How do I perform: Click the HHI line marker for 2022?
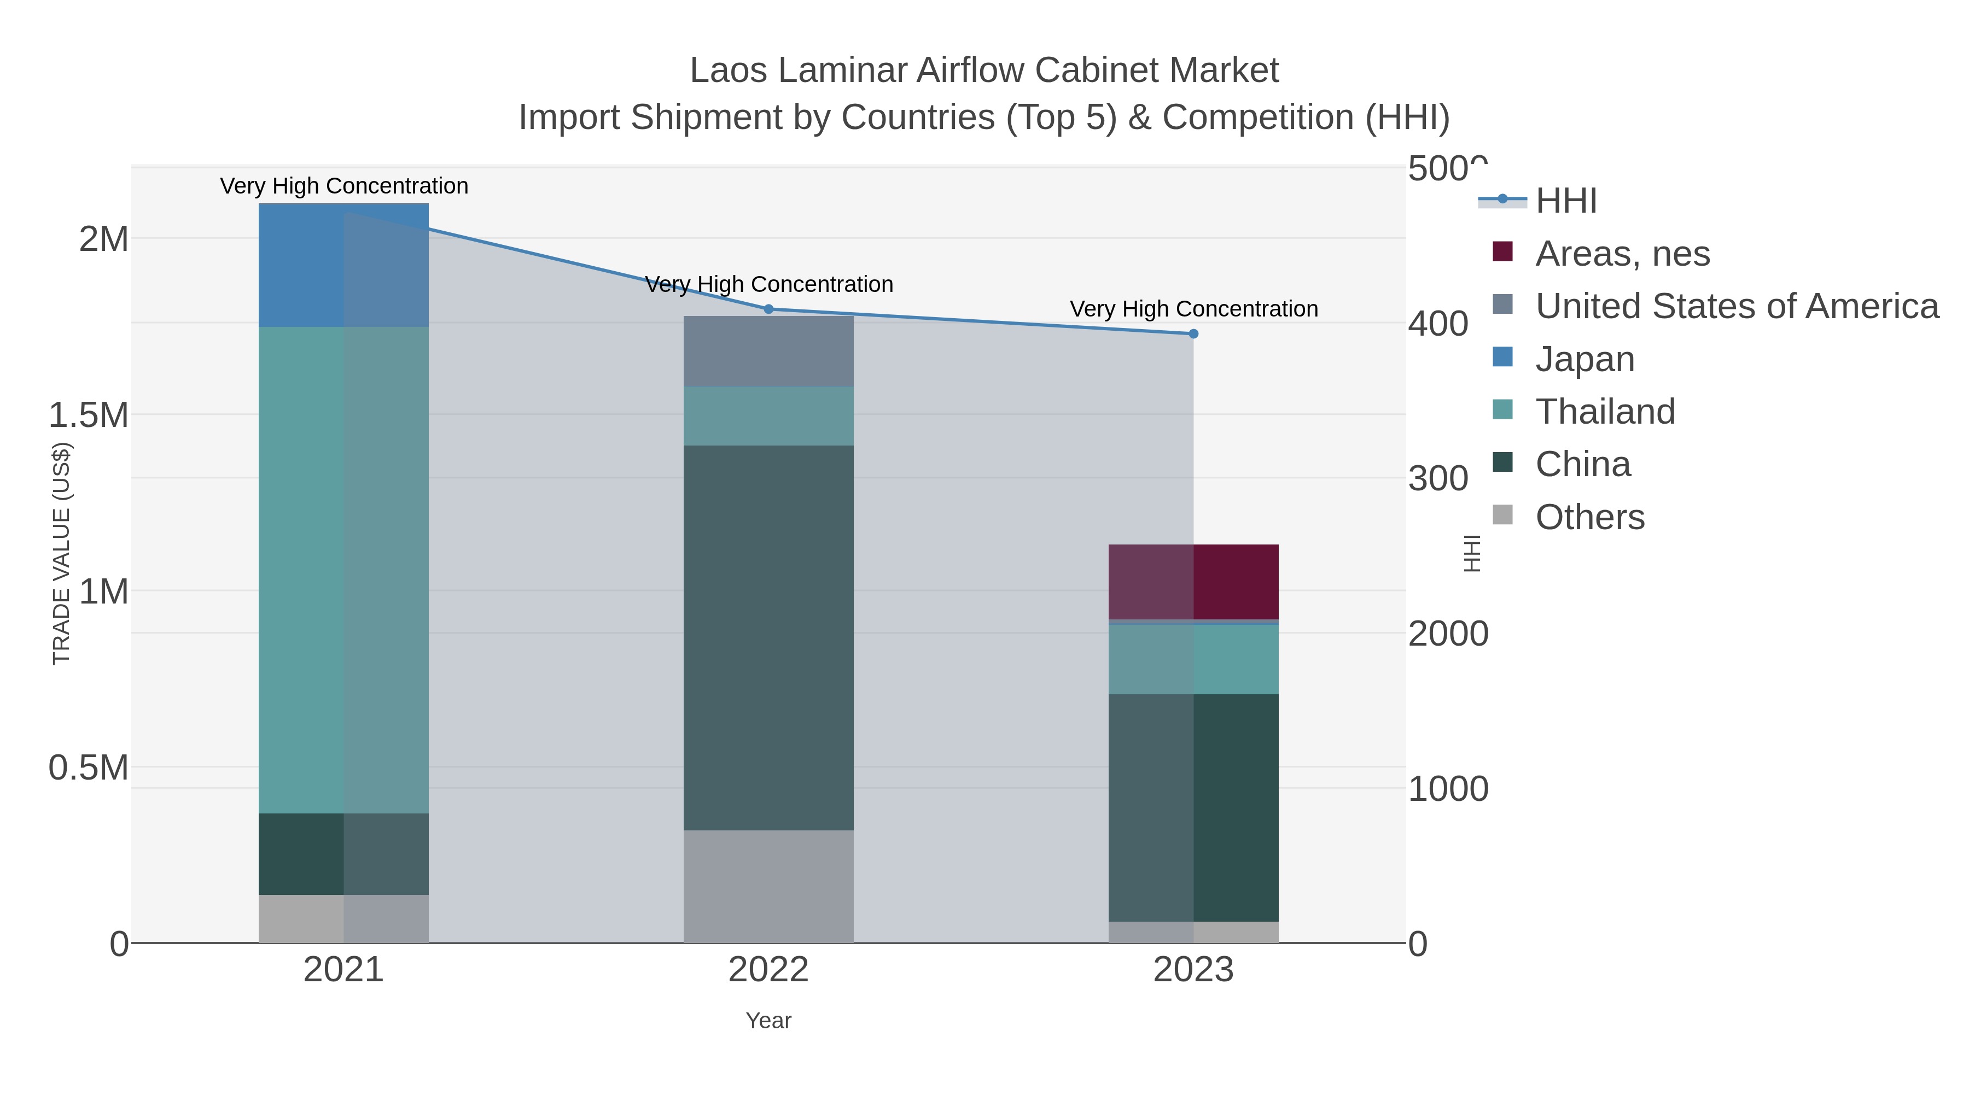tap(769, 309)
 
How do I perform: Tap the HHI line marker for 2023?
tap(1193, 334)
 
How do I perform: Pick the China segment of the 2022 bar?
tap(768, 638)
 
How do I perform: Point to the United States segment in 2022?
tap(768, 352)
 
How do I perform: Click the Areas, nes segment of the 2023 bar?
tap(1193, 582)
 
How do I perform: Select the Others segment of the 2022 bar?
tap(768, 886)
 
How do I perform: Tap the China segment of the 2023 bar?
tap(1193, 807)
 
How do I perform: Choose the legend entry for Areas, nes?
tap(1622, 254)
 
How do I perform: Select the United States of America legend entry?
tap(1736, 306)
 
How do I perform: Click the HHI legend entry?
tap(1565, 201)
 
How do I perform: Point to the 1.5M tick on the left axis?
tap(89, 415)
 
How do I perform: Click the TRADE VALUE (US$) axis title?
tap(61, 553)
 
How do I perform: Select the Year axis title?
tap(768, 1021)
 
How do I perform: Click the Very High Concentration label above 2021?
tap(344, 186)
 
